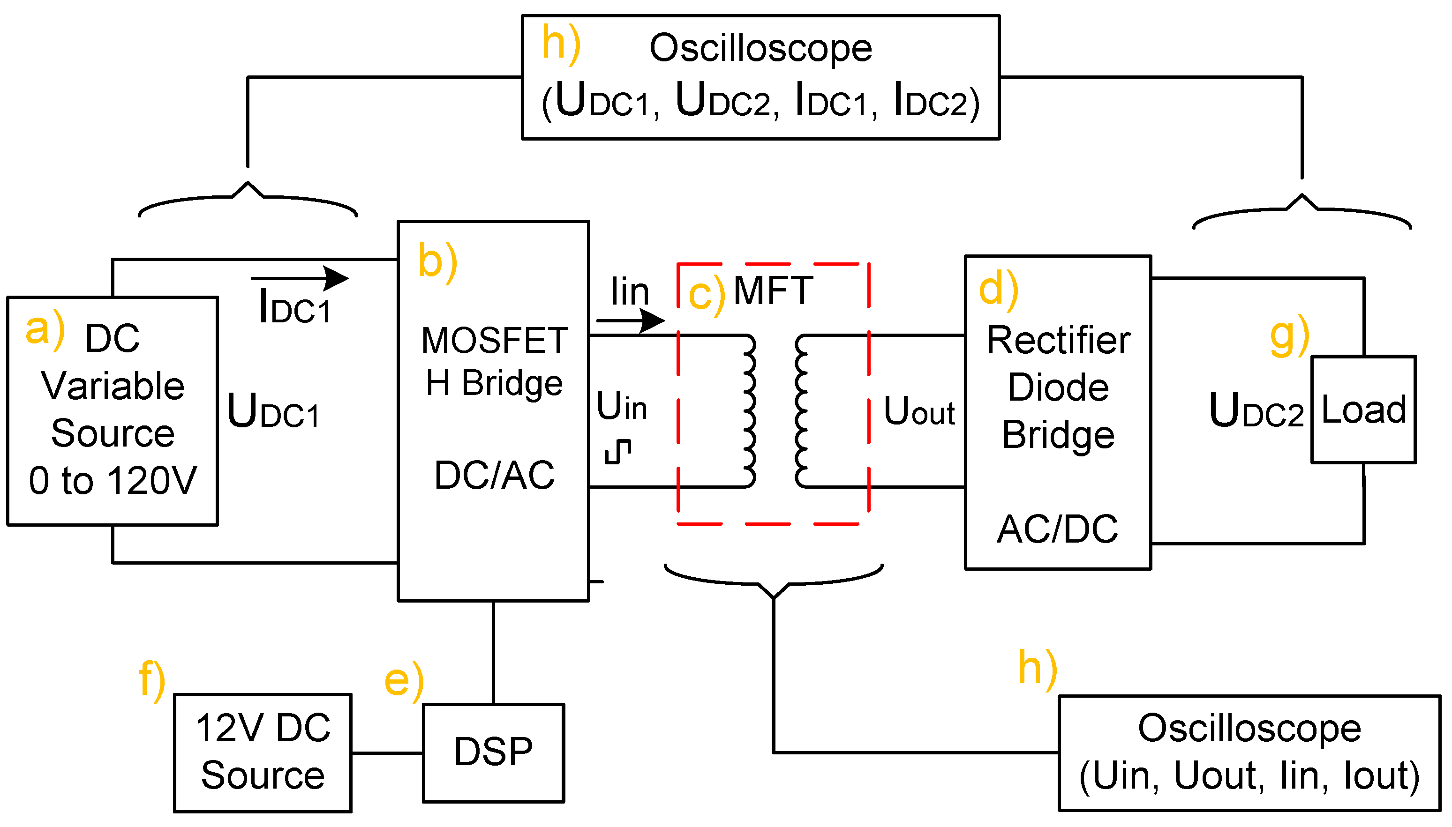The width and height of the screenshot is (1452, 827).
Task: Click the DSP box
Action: (493, 752)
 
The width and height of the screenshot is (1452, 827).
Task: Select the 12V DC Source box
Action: (263, 752)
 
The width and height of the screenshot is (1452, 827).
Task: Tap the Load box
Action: (1363, 409)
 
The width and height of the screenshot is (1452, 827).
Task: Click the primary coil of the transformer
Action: (749, 410)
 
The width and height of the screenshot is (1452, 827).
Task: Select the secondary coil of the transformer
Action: (801, 410)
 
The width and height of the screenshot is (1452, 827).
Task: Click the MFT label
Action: (773, 291)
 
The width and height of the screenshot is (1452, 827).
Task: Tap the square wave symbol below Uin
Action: (618, 452)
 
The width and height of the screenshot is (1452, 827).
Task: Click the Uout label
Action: (919, 410)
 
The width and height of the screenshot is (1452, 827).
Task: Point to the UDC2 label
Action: (1256, 410)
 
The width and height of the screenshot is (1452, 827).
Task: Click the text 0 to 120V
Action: (113, 481)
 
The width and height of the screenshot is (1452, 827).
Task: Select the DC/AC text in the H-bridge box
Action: (494, 475)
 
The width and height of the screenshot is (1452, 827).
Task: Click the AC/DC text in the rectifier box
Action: (1057, 529)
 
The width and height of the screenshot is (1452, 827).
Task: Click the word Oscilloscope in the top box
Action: (760, 48)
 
